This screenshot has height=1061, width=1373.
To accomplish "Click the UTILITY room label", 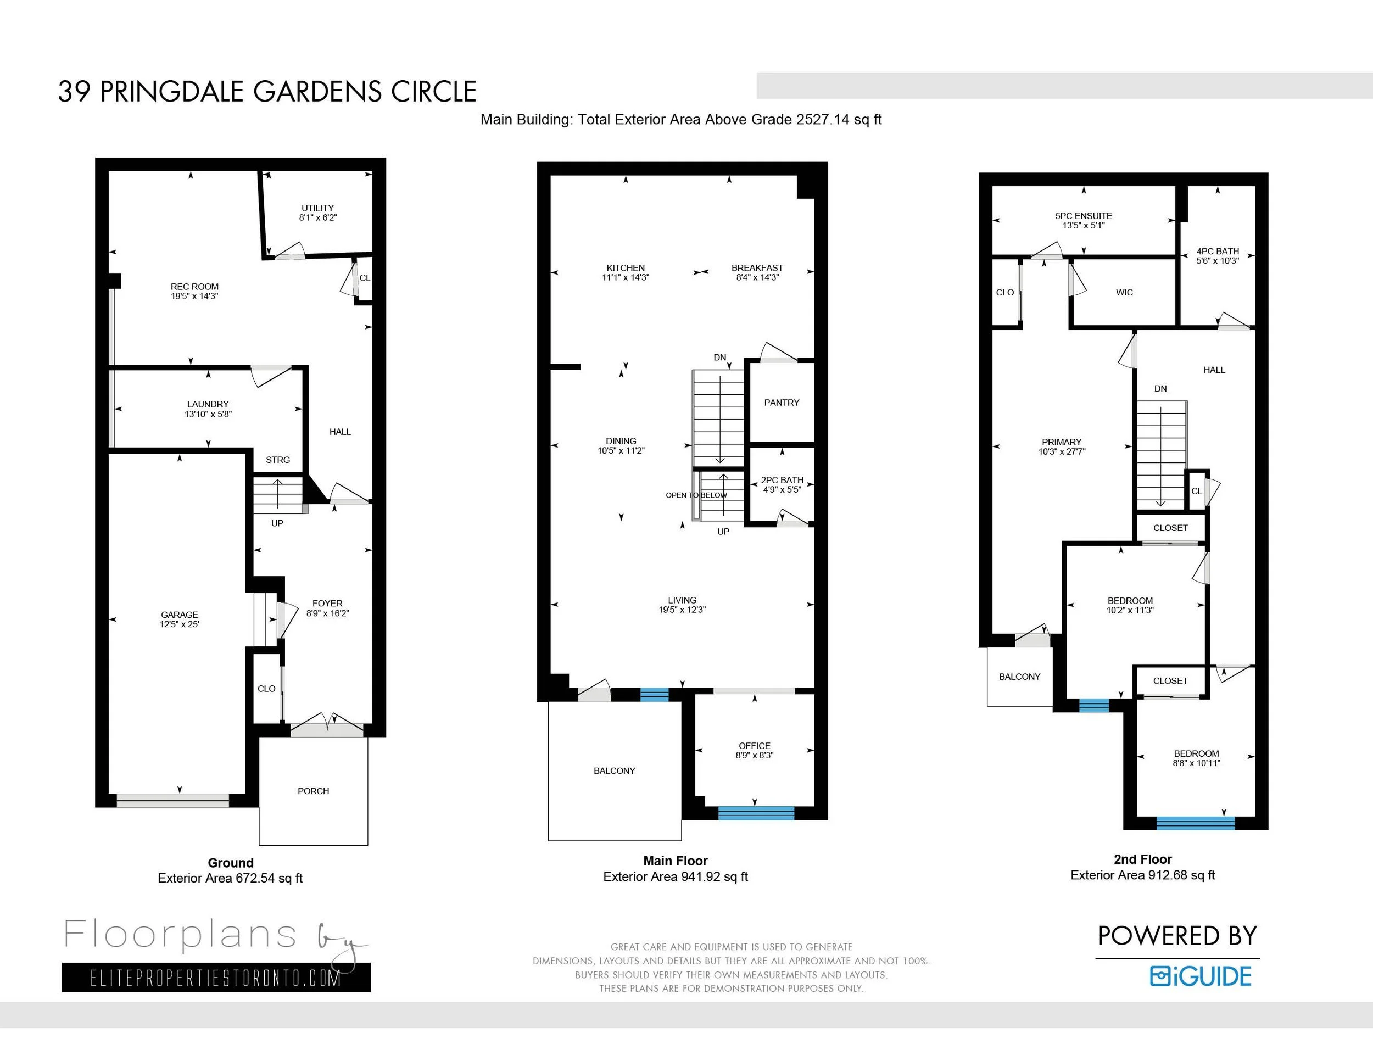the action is click(317, 208).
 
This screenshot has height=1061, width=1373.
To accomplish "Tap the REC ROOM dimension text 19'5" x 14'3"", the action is click(195, 296).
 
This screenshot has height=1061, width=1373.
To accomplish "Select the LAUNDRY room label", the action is click(208, 404).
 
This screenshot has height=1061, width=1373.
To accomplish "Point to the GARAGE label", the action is click(179, 615).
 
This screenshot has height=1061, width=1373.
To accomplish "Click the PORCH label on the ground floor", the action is click(313, 791).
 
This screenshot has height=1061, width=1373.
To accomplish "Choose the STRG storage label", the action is click(278, 460).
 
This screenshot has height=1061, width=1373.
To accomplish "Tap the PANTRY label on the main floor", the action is click(782, 403).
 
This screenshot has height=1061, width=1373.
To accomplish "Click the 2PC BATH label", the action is click(782, 480).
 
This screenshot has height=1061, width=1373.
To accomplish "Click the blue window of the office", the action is click(756, 813).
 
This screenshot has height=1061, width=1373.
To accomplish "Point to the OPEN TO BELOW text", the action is click(696, 495).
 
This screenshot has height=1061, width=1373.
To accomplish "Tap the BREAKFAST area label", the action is click(757, 268).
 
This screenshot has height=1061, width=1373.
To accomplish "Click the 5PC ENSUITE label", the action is click(1084, 216).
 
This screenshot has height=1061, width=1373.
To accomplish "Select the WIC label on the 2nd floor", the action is click(1125, 292).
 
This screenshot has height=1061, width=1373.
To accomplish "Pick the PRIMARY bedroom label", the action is click(1062, 442).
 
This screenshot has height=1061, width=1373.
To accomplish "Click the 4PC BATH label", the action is click(1218, 252).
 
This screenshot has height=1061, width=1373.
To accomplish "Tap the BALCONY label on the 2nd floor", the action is click(1020, 677).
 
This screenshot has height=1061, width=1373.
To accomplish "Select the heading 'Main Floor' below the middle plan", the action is click(675, 861).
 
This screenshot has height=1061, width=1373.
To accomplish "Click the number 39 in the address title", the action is click(74, 92).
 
